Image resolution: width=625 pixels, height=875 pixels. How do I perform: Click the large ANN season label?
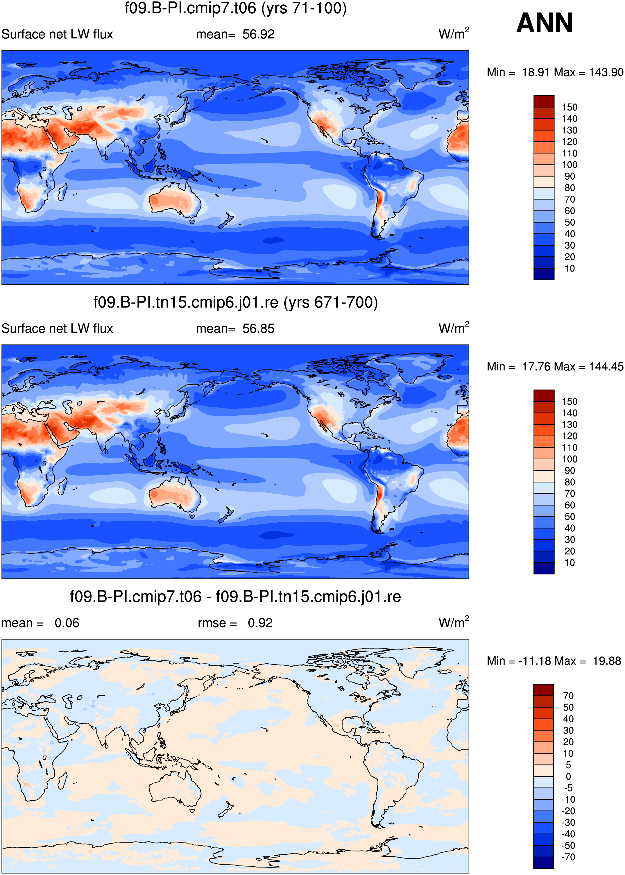[545, 23]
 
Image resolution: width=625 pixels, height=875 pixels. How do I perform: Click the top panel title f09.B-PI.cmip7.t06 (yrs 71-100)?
[236, 8]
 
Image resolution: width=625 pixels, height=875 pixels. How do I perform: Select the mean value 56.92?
[258, 34]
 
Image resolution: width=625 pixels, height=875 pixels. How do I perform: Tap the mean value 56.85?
[258, 329]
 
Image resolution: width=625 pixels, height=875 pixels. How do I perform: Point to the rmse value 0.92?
[260, 623]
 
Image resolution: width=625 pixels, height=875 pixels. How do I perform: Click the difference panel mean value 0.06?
[67, 623]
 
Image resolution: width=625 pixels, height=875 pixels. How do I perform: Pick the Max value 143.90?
[606, 72]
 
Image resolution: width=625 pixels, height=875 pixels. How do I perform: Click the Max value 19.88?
[607, 661]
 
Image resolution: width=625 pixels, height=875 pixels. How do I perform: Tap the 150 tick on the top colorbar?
[570, 107]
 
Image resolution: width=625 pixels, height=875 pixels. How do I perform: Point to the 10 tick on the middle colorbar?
[570, 563]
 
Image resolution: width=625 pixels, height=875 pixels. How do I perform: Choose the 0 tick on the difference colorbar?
[568, 776]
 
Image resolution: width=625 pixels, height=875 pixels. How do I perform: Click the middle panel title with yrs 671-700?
[236, 303]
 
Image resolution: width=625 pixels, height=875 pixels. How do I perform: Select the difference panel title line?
[236, 597]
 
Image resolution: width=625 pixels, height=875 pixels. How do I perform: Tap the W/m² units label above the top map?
[454, 33]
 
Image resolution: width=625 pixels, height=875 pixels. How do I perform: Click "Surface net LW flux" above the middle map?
[57, 329]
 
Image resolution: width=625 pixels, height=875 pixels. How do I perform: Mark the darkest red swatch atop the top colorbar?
[544, 101]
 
